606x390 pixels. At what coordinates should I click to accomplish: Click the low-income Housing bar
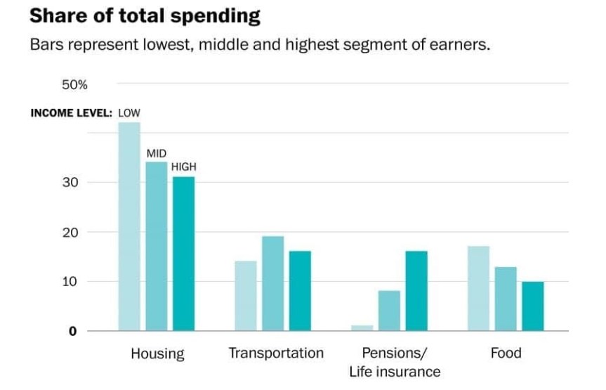tap(129, 226)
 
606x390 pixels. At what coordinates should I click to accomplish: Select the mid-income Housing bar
tap(157, 246)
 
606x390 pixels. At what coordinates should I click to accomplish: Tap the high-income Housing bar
tap(183, 254)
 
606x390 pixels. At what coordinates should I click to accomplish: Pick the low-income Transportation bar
tap(246, 296)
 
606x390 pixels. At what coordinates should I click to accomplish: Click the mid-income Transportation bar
tap(272, 283)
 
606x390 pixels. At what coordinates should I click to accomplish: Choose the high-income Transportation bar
tap(300, 291)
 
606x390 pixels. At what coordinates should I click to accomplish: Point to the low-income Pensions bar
tap(362, 328)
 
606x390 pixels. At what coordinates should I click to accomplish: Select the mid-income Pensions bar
tap(389, 311)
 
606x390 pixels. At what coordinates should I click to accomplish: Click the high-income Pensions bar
tap(416, 291)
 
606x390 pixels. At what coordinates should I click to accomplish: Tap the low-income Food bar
tap(478, 288)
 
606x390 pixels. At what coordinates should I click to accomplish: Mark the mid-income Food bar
tap(506, 299)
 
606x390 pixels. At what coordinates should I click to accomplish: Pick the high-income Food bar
tap(532, 306)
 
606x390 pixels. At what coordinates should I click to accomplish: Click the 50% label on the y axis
tap(75, 85)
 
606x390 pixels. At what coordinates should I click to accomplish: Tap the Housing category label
tap(157, 353)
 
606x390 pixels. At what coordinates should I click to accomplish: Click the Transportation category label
tap(276, 353)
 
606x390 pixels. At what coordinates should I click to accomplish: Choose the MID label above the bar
tap(157, 153)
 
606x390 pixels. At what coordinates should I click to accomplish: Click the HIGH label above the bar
tap(184, 167)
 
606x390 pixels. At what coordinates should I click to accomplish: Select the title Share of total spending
tap(145, 15)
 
